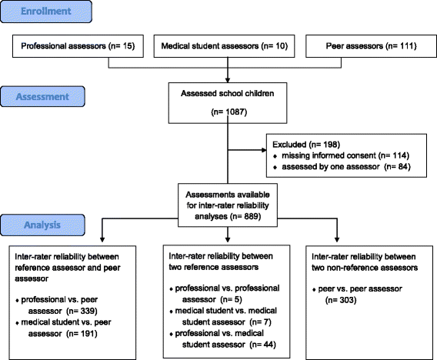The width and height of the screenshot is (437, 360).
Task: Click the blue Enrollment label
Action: pyautogui.click(x=46, y=12)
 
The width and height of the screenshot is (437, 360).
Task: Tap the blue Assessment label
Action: pyautogui.click(x=42, y=97)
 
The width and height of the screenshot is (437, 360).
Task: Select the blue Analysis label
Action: pyautogui.click(x=42, y=225)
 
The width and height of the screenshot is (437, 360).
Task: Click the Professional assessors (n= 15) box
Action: pyautogui.click(x=78, y=46)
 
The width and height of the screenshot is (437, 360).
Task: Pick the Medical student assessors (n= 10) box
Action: pyautogui.click(x=225, y=46)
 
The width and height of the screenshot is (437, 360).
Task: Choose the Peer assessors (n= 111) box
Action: pyautogui.click(x=372, y=46)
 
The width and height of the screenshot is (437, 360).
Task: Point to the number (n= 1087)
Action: pyautogui.click(x=229, y=112)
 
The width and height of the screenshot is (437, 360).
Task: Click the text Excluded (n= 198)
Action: pyautogui.click(x=306, y=145)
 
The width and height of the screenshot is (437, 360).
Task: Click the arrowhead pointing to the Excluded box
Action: pyautogui.click(x=264, y=150)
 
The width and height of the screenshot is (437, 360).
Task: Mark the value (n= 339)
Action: pyautogui.click(x=82, y=311)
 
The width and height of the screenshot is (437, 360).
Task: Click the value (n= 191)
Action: pyautogui.click(x=82, y=334)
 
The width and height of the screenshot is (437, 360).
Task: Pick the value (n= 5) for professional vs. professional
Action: pyautogui.click(x=232, y=299)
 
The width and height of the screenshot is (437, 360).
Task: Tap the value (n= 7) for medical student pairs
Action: pyautogui.click(x=261, y=322)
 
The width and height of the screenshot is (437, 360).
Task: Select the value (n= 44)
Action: pyautogui.click(x=263, y=345)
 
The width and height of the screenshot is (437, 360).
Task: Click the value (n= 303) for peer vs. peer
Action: pyautogui.click(x=341, y=300)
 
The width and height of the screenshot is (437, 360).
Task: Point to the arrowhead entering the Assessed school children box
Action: pyautogui.click(x=228, y=80)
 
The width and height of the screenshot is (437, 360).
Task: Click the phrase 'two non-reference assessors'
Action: pyautogui.click(x=365, y=268)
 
